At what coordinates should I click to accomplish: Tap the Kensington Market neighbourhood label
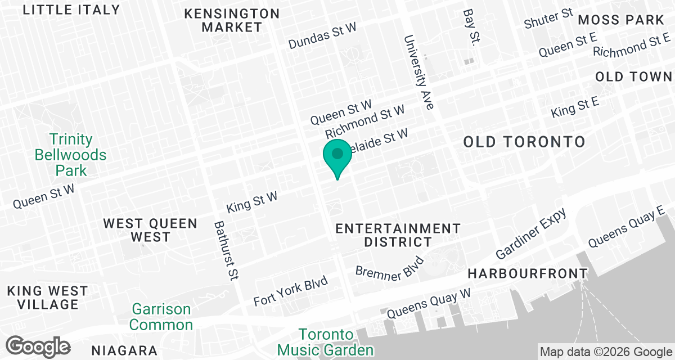(232, 20)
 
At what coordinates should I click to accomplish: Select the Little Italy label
(71, 10)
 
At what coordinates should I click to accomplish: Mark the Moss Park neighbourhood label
(621, 20)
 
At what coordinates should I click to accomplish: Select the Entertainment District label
(398, 235)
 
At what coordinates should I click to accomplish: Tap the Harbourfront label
(528, 274)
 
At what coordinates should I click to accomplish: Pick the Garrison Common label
(162, 317)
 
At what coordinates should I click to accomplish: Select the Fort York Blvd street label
(290, 291)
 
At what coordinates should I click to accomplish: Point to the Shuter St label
(548, 19)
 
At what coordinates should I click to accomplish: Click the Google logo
(38, 345)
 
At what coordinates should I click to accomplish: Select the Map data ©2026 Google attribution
(605, 352)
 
